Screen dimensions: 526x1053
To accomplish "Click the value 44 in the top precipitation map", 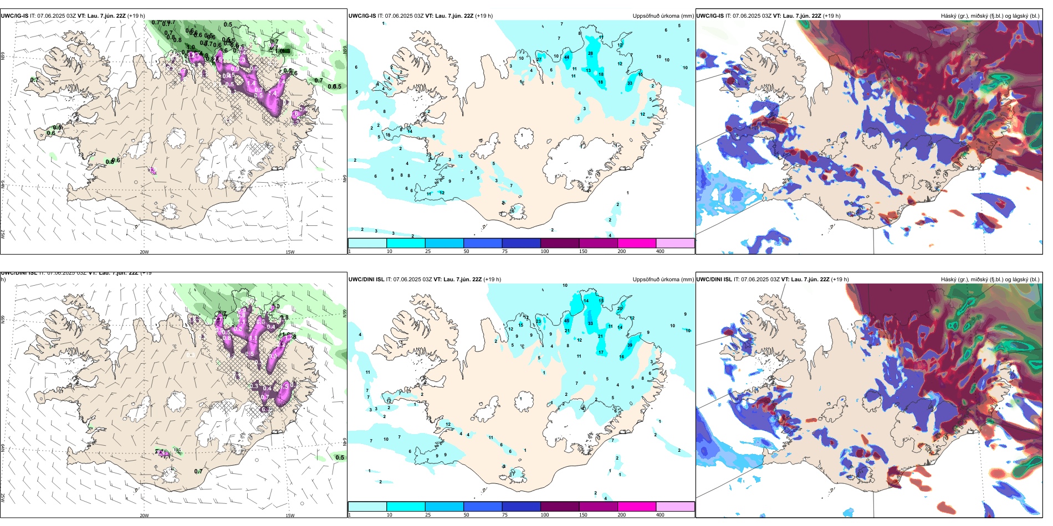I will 566,57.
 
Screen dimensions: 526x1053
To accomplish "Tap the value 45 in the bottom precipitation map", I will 566,321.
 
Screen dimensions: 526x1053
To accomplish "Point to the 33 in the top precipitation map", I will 630,84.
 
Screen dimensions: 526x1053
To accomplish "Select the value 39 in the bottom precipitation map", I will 630,345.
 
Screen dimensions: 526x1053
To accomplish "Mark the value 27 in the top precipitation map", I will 539,59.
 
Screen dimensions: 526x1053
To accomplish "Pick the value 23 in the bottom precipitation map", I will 538,321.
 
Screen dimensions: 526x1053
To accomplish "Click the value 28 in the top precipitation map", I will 590,54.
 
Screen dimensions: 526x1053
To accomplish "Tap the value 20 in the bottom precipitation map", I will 620,308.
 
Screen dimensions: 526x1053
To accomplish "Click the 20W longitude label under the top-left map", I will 144,252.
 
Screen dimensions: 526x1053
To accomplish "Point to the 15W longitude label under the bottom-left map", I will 290,515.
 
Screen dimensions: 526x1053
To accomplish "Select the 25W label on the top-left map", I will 3,234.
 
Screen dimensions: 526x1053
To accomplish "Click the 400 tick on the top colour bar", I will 660,251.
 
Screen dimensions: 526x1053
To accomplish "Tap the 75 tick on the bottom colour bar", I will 505,515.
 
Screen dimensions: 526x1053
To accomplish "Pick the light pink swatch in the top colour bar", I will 675,243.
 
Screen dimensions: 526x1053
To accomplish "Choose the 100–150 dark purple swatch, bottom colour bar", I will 559,507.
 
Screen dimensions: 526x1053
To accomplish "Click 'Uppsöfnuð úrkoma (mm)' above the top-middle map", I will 663,16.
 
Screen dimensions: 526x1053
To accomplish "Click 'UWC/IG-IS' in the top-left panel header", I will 14,16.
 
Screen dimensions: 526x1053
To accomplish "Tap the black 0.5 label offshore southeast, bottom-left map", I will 340,457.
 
